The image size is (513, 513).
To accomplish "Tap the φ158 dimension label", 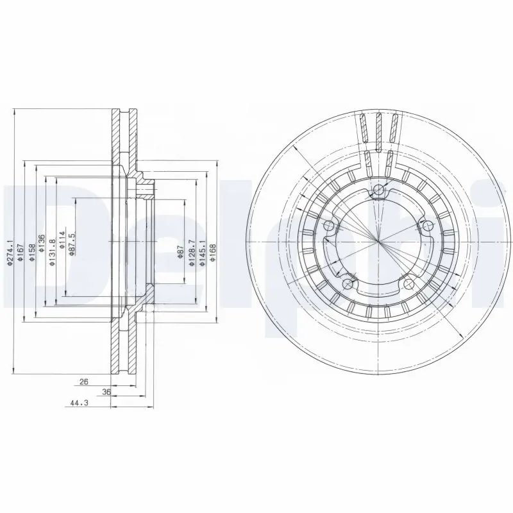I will click(x=31, y=250).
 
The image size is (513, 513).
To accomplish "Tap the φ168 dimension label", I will click(x=213, y=251).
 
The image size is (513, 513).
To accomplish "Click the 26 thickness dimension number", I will click(x=83, y=382).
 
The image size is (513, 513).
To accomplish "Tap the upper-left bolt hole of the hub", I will click(x=330, y=225).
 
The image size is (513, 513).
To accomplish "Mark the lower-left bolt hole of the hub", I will click(x=348, y=283).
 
